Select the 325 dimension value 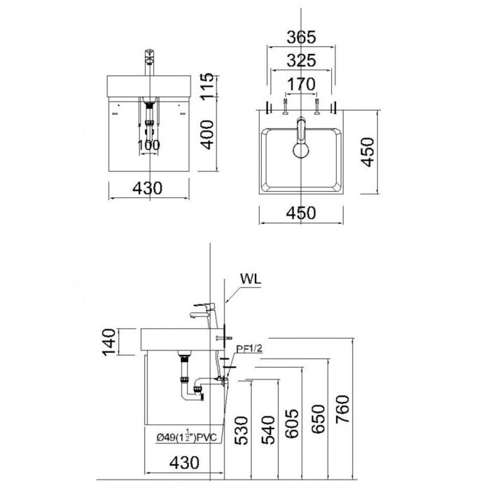tap(301, 61)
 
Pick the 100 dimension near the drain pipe tap(148, 145)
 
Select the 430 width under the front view tap(148, 188)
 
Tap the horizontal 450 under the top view tap(300, 213)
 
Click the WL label tap(250, 277)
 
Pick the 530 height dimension tap(241, 433)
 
